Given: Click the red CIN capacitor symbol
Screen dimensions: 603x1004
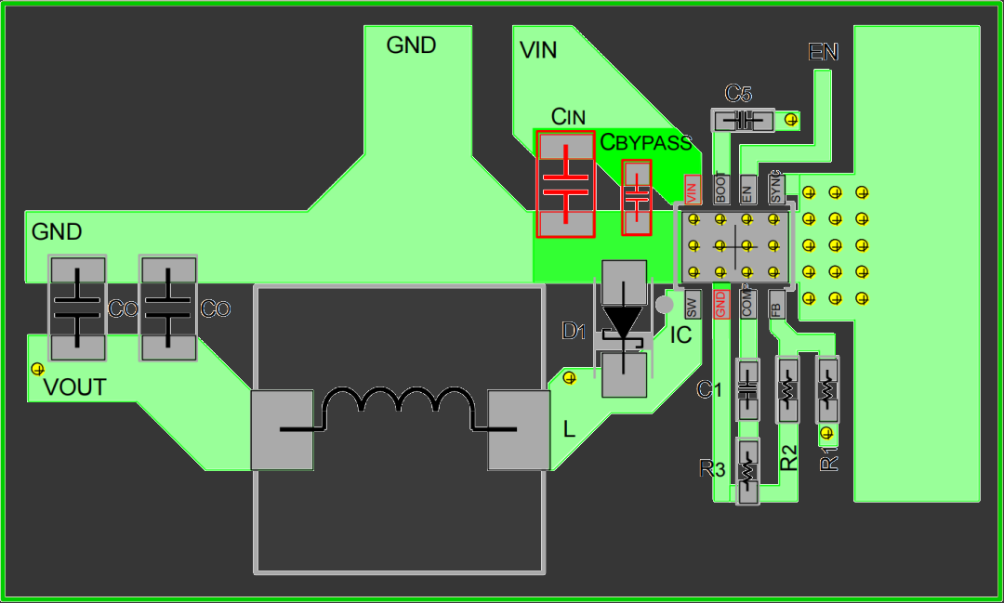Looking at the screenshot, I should tap(565, 185).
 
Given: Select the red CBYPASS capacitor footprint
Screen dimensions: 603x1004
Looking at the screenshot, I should tap(637, 198).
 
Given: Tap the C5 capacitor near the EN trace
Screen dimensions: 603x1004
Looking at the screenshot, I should tap(743, 120).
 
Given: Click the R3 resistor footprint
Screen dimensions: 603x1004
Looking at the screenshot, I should tap(747, 471).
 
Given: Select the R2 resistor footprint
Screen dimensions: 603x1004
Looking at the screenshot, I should tap(788, 390).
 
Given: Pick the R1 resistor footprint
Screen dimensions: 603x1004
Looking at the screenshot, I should tap(826, 390).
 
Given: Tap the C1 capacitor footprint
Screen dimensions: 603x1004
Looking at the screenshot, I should tap(748, 390).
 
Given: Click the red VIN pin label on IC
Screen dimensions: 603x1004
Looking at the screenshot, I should tap(691, 190).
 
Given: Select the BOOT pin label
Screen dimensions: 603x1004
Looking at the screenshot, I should tap(720, 190).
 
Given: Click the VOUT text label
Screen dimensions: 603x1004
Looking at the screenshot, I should tap(75, 387).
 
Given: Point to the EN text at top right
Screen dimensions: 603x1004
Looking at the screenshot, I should tap(824, 53).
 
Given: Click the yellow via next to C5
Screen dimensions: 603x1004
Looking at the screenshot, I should tap(791, 119).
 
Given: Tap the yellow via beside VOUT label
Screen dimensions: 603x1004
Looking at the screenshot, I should tap(37, 369).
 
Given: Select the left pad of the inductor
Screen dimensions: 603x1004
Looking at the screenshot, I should tap(282, 430).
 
